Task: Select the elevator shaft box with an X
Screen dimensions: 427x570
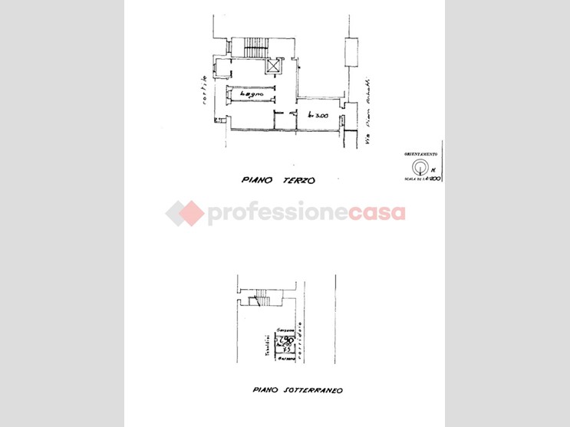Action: tap(272, 67)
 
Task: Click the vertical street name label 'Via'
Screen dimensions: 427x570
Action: tap(367, 139)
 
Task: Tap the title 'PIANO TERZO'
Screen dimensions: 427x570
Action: tap(278, 180)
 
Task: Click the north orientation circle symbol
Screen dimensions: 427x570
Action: tap(419, 167)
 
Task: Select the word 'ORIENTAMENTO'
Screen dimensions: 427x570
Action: tap(420, 153)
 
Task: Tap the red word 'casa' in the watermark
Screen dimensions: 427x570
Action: tap(377, 213)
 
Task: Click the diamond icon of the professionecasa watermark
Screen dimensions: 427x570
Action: tap(185, 213)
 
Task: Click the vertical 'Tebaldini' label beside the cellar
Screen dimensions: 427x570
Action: tap(267, 344)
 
